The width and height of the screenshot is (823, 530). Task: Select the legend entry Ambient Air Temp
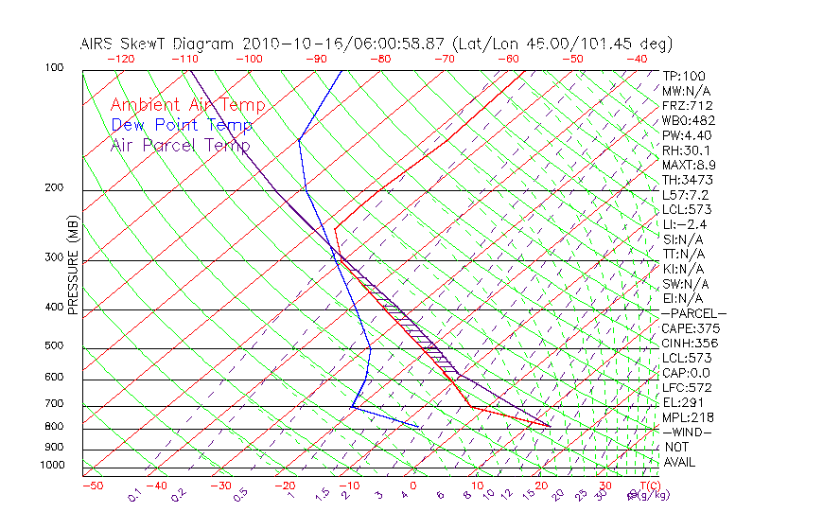(x=187, y=105)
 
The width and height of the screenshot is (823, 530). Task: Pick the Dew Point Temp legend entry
(x=181, y=125)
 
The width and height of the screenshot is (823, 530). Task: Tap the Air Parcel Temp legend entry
(x=180, y=145)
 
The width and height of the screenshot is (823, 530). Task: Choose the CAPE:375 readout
(x=691, y=328)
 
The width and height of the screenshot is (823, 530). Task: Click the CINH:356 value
(x=691, y=344)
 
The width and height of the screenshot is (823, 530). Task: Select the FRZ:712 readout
(x=688, y=106)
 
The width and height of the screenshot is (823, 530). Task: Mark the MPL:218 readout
(x=688, y=417)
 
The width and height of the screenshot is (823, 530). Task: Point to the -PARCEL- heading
(x=693, y=313)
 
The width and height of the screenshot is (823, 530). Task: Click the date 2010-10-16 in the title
(x=284, y=44)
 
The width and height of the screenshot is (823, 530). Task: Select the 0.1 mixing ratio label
(x=135, y=494)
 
